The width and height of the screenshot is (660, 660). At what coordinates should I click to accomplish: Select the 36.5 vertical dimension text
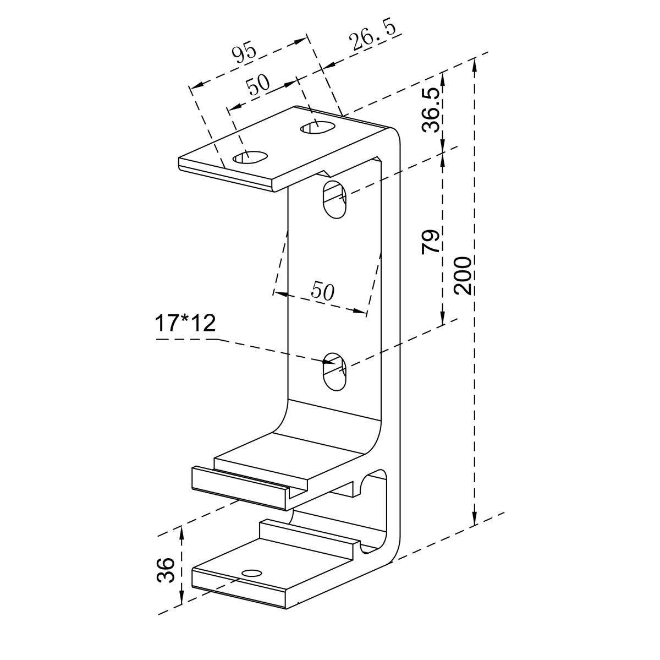coord(431,110)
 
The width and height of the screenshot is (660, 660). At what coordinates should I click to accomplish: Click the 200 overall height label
coord(463,275)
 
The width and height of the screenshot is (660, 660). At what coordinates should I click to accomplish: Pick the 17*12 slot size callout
coord(185,324)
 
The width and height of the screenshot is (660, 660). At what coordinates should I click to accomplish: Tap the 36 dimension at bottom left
coord(166,570)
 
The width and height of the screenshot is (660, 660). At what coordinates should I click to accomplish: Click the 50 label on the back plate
coord(323,290)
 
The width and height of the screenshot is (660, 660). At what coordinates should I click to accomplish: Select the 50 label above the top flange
coord(257,85)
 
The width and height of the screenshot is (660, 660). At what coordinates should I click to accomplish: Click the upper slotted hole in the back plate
coord(334,199)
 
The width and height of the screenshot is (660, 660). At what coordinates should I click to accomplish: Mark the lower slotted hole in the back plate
coord(334,370)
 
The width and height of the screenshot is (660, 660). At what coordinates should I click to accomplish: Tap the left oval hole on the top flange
coord(250,157)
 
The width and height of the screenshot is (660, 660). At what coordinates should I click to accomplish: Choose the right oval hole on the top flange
coord(317,128)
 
